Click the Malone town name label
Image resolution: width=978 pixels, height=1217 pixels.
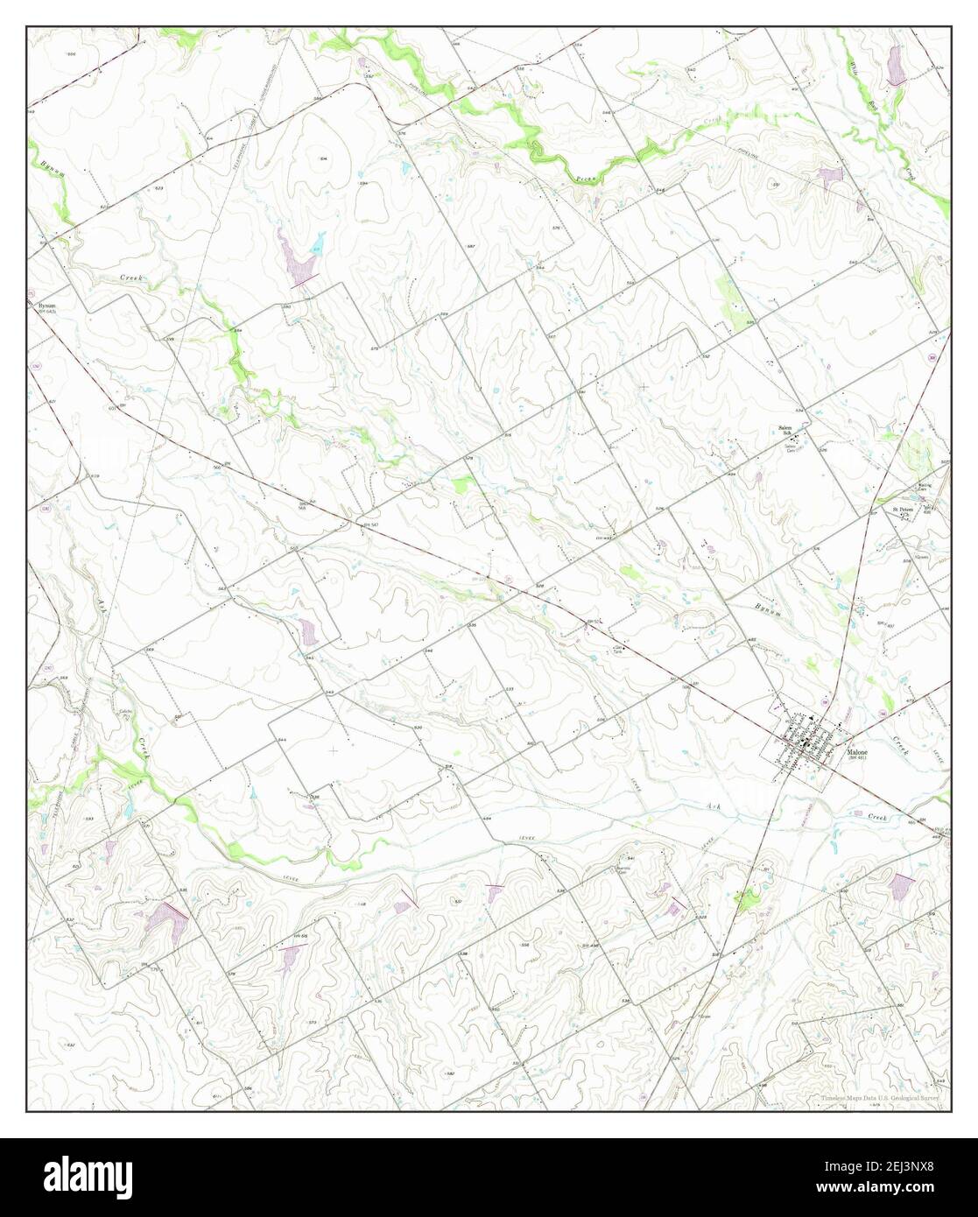click(x=857, y=751)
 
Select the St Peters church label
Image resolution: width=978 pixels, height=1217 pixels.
click(x=903, y=509)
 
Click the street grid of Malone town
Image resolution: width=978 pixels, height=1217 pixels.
click(x=810, y=743)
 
